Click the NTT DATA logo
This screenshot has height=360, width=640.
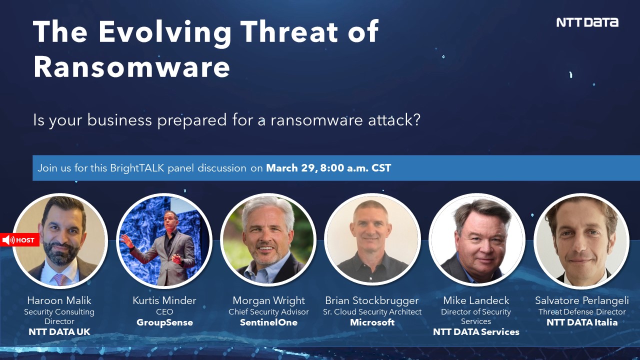pos(587,22)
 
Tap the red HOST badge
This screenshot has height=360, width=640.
pos(20,240)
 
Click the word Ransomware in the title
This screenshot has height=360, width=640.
pos(131,67)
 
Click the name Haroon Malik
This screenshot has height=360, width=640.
pos(59,300)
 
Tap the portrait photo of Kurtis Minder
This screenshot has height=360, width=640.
pos(164,241)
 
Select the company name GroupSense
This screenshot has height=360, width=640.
pos(164,322)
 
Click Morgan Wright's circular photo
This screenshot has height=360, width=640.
pos(268,240)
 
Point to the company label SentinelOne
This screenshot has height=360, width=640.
pos(268,322)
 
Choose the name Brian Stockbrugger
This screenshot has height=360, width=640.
pos(372,300)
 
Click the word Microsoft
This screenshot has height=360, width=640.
pos(372,322)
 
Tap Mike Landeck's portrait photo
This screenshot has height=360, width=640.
pos(476,240)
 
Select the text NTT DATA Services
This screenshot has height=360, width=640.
pos(476,331)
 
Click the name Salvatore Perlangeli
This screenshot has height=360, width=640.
pos(582,300)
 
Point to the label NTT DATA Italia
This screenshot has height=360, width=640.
pos(582,322)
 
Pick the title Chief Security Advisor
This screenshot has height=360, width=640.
pos(268,312)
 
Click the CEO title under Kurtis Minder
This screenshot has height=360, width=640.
pos(164,312)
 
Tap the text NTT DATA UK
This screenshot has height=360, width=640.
pos(59,331)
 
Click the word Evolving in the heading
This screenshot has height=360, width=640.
pos(165,31)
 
